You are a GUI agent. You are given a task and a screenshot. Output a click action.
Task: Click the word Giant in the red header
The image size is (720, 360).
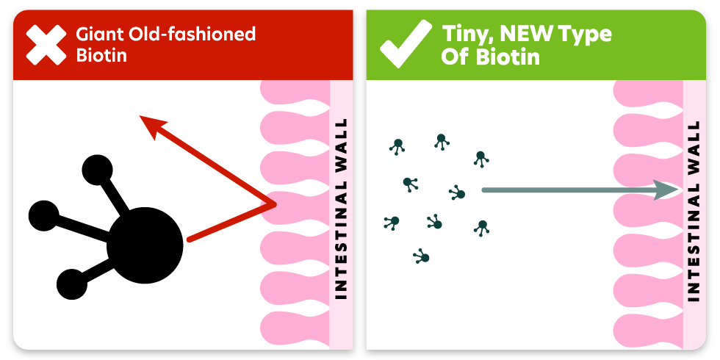point(101,35)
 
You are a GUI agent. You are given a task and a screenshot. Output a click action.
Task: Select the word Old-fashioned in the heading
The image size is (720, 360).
point(192,35)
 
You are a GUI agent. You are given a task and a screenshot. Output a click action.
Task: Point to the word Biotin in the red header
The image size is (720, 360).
point(101,56)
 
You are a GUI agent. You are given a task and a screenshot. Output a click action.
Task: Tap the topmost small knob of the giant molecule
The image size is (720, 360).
point(97,170)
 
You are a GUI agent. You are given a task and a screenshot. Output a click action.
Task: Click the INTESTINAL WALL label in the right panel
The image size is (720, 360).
point(694,209)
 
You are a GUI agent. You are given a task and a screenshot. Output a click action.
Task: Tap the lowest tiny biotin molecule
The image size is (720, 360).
point(422,256)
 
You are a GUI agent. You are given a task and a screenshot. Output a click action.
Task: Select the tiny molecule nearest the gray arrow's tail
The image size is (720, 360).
point(458,193)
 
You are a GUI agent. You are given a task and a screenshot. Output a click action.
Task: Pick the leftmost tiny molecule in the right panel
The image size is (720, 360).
point(392,221)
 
